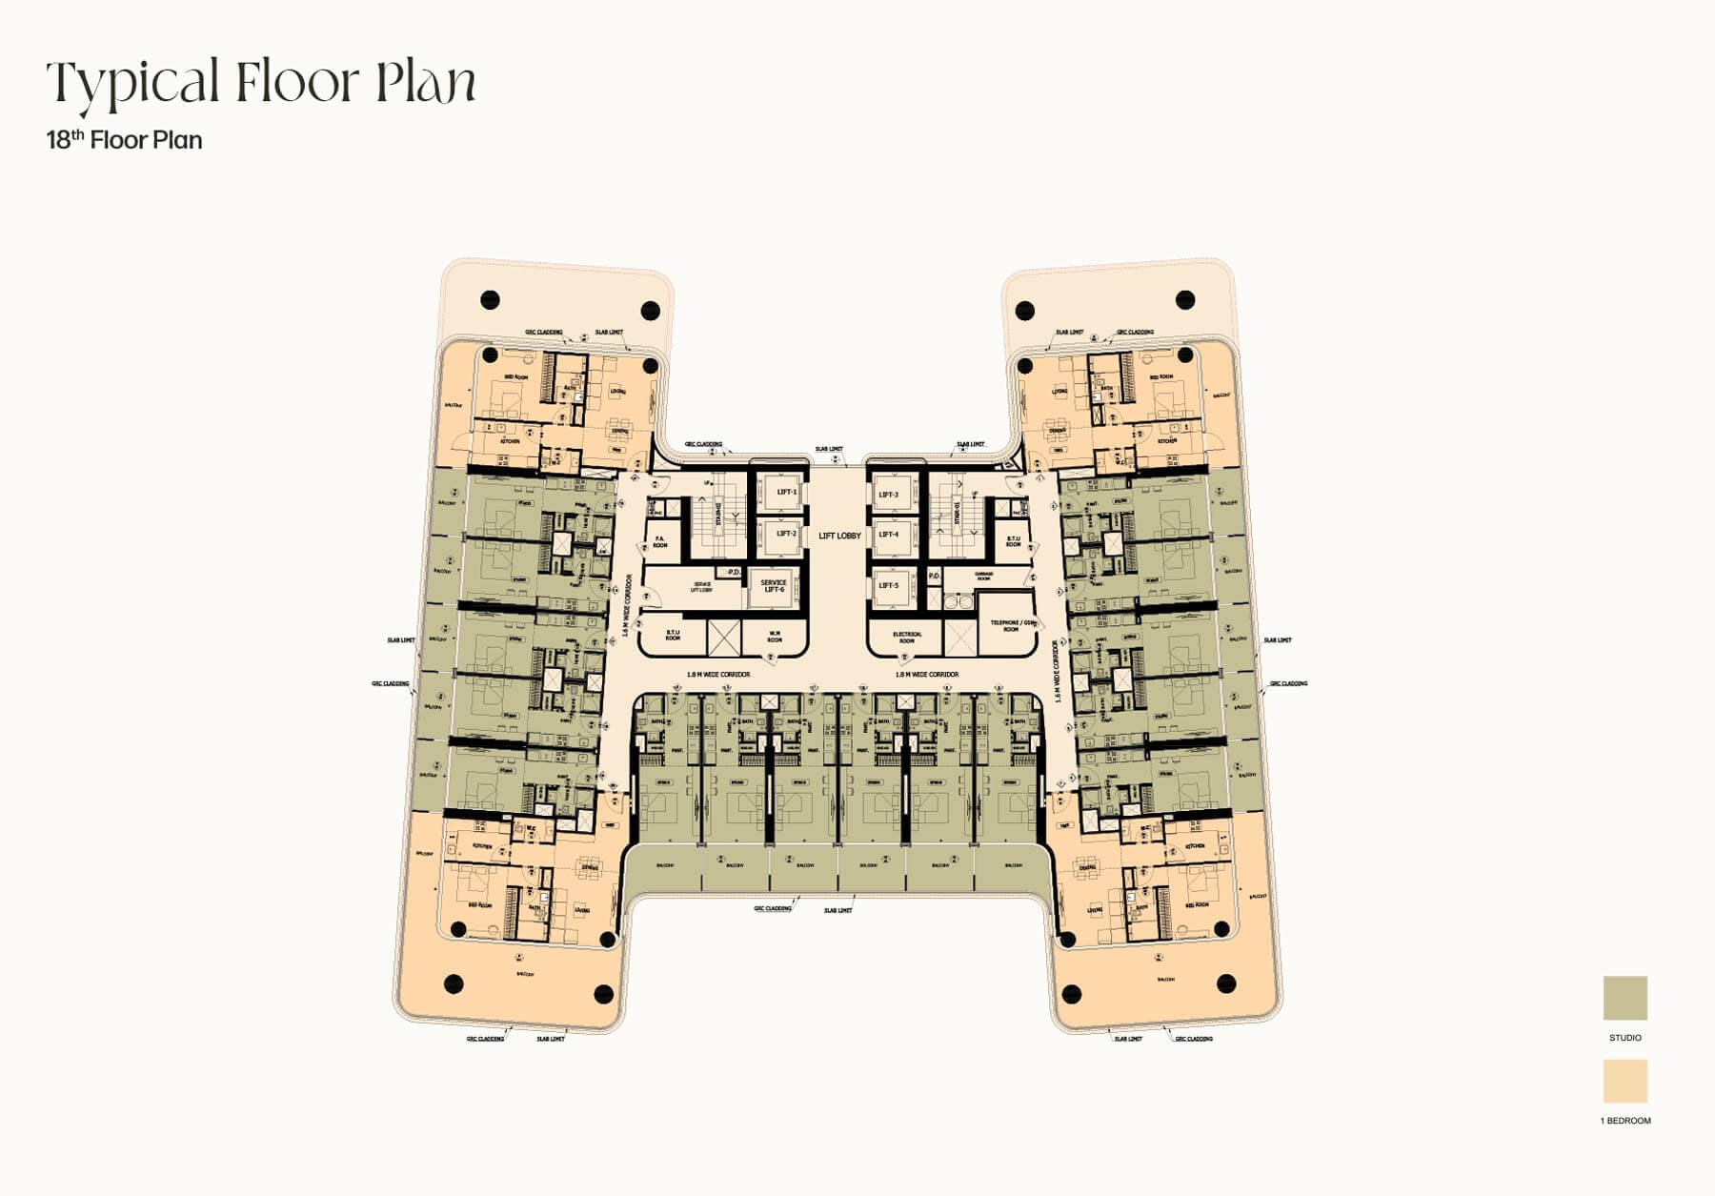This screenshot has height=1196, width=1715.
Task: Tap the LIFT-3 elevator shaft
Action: (x=889, y=495)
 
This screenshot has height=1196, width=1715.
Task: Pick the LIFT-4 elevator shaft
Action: (x=889, y=535)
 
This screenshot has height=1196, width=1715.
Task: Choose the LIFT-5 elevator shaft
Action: (x=889, y=585)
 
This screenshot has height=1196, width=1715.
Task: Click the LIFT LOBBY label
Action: (x=839, y=536)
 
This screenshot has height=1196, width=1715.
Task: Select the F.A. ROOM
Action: (x=659, y=542)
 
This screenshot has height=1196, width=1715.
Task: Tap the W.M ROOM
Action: (x=775, y=637)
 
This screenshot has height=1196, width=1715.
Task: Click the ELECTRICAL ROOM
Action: (x=907, y=637)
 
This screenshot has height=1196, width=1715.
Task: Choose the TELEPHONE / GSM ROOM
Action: (x=1011, y=625)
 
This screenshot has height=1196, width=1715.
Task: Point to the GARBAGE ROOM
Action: (x=984, y=577)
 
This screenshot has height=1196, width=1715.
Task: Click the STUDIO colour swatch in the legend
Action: (x=1624, y=998)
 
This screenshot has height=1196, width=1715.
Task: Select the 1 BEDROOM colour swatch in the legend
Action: (x=1624, y=1081)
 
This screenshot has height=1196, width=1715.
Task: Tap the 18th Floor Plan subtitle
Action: (x=124, y=140)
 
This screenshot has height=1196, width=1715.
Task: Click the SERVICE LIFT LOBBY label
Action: (x=701, y=587)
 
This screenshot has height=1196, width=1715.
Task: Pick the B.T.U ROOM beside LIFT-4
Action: (x=1013, y=540)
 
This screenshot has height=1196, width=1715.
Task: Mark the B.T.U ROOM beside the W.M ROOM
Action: (x=673, y=635)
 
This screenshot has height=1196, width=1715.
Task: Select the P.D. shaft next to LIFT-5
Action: (x=934, y=577)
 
